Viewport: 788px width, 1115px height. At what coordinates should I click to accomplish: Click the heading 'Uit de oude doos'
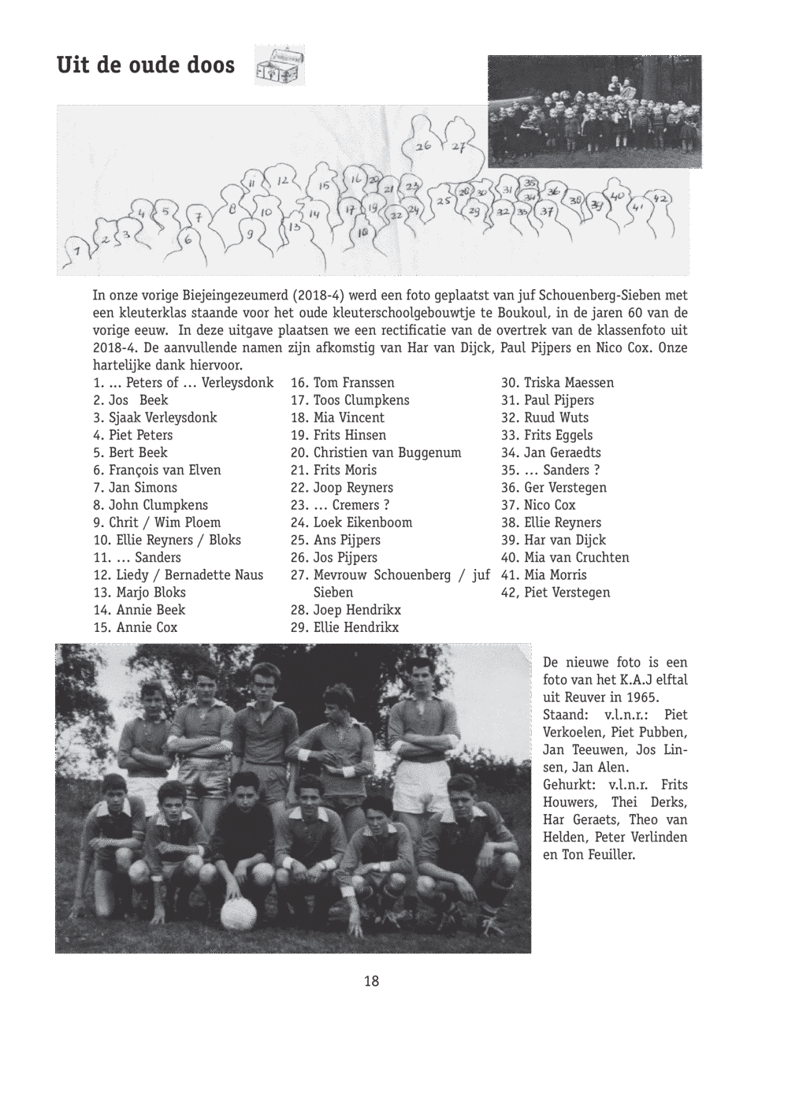point(146,65)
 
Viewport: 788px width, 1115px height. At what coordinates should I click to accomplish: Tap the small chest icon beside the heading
point(280,66)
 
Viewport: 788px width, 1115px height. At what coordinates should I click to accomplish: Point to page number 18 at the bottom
point(372,981)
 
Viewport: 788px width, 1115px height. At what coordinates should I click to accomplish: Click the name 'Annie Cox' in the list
point(147,627)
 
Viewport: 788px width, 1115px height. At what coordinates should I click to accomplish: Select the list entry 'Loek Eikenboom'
point(362,522)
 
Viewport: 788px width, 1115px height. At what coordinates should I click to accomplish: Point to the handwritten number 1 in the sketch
point(76,251)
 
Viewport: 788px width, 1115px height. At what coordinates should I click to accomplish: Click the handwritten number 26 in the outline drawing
point(424,147)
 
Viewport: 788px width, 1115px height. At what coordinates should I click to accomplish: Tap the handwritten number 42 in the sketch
point(661,199)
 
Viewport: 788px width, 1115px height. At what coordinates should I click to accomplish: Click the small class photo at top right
point(594,111)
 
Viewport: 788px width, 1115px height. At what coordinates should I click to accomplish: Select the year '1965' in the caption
point(644,697)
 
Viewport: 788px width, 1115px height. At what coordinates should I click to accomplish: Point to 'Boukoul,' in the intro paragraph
point(518,313)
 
